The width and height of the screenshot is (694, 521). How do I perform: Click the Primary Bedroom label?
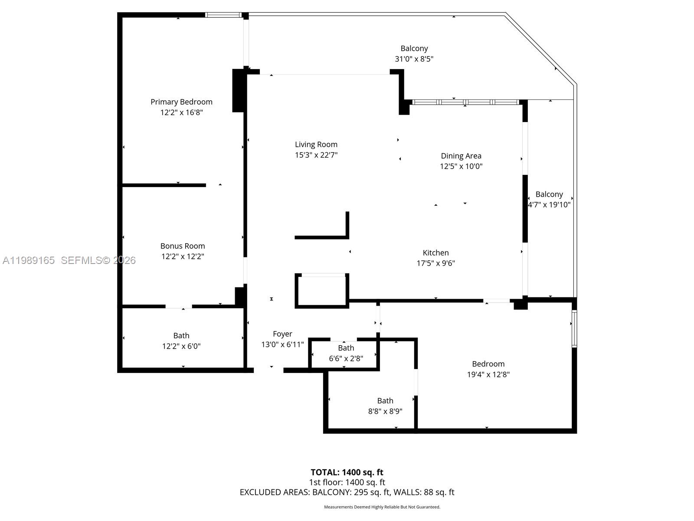tap(181, 102)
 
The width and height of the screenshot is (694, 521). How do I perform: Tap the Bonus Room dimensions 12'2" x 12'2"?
tap(183, 257)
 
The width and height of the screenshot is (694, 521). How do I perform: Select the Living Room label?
tap(316, 145)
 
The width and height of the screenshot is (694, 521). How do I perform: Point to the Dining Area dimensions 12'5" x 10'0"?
tap(461, 166)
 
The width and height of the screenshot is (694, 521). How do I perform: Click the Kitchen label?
tap(435, 253)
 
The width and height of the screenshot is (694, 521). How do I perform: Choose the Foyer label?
tap(282, 334)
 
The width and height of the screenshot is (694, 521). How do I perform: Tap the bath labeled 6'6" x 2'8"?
tap(346, 353)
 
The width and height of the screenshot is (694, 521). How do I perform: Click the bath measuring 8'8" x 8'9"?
tap(385, 406)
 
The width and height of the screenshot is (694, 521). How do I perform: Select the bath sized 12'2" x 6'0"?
tap(181, 341)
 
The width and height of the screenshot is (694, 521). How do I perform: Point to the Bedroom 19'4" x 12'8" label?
tap(488, 369)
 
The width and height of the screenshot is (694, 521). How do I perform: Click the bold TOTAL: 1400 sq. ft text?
tap(347, 472)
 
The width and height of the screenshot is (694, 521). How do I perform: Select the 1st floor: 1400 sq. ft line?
tap(347, 482)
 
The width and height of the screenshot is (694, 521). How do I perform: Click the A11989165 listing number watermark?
tap(29, 260)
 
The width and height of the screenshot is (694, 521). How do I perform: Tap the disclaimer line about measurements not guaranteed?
tap(382, 507)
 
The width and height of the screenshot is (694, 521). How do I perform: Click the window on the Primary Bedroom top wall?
tap(223, 15)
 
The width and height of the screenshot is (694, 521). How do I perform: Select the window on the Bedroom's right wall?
tap(574, 329)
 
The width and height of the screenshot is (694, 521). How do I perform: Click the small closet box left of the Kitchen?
tap(322, 290)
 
